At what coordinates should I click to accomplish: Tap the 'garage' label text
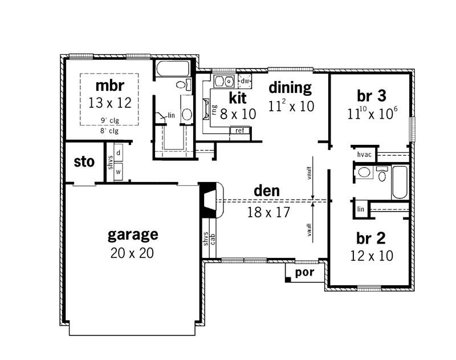tap(133, 234)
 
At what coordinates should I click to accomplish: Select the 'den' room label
tap(266, 192)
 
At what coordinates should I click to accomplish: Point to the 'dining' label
tap(290, 88)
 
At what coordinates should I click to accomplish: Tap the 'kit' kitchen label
tap(238, 96)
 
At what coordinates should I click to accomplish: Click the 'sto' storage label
tap(84, 162)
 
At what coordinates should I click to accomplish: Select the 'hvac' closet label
tap(364, 155)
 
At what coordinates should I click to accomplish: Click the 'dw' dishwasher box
tap(245, 80)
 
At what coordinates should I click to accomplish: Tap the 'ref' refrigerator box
tap(240, 131)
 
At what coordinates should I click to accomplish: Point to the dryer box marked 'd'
tap(118, 153)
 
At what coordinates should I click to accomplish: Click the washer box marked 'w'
tap(118, 171)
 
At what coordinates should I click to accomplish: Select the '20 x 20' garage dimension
tap(133, 252)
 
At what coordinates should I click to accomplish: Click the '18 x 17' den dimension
tap(268, 212)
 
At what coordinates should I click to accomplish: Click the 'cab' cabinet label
tap(212, 238)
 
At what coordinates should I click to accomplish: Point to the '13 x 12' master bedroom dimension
tap(110, 103)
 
